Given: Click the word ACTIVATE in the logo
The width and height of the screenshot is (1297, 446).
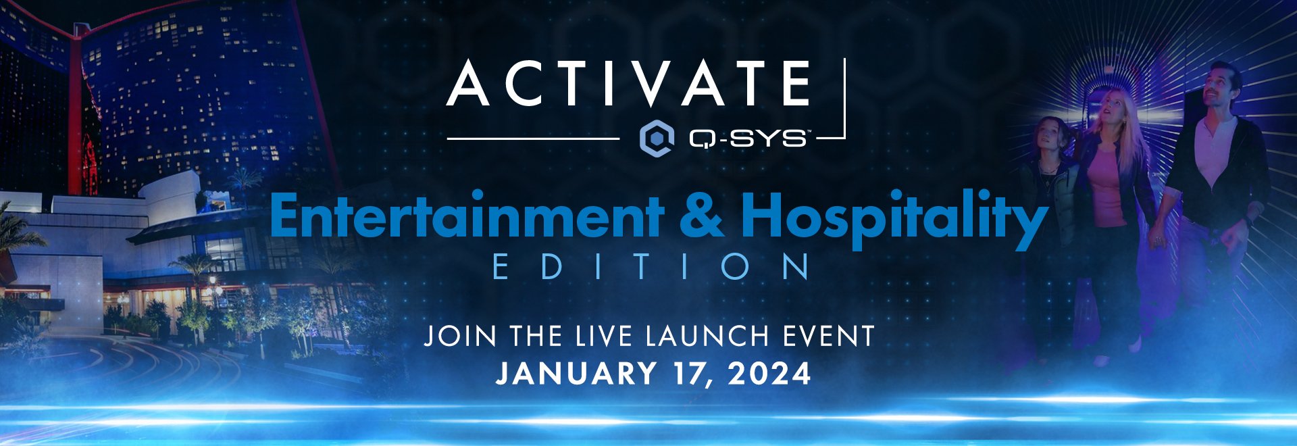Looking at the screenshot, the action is click(x=629, y=84).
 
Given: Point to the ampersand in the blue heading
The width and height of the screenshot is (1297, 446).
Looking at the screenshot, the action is click(x=703, y=216).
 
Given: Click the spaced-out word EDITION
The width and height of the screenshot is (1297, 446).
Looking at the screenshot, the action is click(x=651, y=267).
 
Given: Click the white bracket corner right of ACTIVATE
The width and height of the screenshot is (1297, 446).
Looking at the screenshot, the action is click(x=844, y=137).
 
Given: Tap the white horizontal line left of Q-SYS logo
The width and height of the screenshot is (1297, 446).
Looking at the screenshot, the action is click(x=534, y=139).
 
